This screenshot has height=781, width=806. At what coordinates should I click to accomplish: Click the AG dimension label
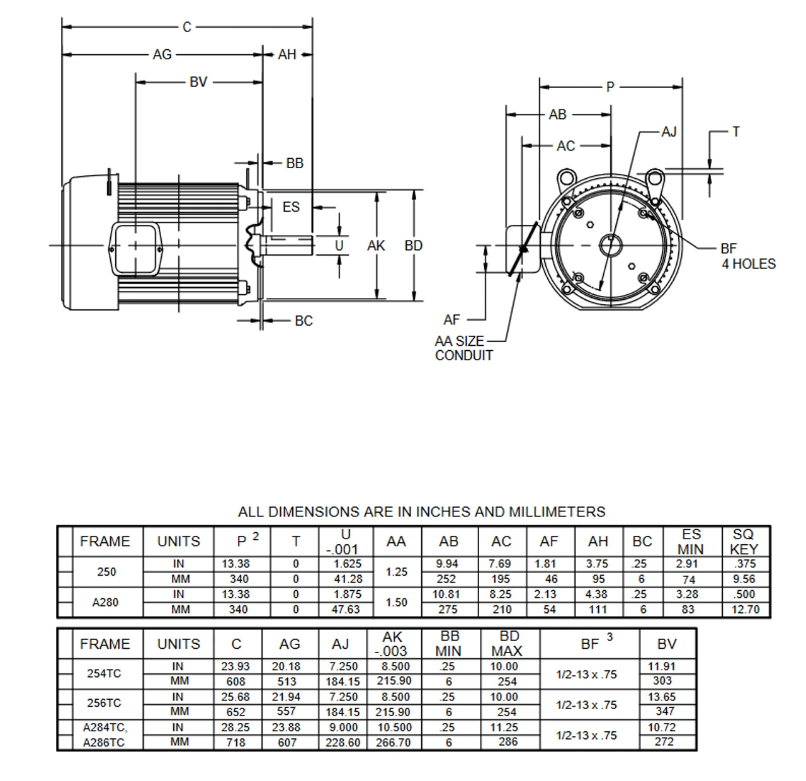pyautogui.click(x=162, y=55)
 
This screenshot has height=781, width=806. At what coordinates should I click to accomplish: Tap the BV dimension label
pyautogui.click(x=198, y=82)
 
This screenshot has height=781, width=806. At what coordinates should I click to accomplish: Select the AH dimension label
pyautogui.click(x=287, y=55)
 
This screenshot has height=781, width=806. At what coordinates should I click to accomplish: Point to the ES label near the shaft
pyautogui.click(x=291, y=207)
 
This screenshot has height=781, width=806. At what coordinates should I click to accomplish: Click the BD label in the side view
pyautogui.click(x=413, y=246)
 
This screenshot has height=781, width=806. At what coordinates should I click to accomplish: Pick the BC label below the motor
pyautogui.click(x=304, y=321)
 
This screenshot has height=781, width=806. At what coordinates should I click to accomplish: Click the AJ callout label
pyautogui.click(x=669, y=132)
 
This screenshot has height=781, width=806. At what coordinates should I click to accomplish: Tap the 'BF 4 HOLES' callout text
pyautogui.click(x=748, y=256)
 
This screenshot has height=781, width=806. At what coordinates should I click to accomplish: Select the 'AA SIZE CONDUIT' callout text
pyautogui.click(x=464, y=348)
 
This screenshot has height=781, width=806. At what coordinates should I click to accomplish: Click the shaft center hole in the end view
pyautogui.click(x=610, y=244)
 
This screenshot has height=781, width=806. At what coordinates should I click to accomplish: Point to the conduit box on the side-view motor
pyautogui.click(x=135, y=249)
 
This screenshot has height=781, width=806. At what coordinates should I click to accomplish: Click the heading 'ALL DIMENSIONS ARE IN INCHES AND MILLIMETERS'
pyautogui.click(x=421, y=511)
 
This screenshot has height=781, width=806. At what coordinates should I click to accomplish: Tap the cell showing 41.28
pyautogui.click(x=347, y=579)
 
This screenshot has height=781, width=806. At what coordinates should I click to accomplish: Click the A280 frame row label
pyautogui.click(x=105, y=602)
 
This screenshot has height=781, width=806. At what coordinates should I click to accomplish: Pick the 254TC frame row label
pyautogui.click(x=105, y=673)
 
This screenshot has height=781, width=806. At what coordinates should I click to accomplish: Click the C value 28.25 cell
pyautogui.click(x=236, y=727)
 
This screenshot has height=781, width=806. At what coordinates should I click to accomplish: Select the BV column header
pyautogui.click(x=667, y=644)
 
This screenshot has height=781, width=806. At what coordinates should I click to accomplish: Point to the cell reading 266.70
pyautogui.click(x=394, y=743)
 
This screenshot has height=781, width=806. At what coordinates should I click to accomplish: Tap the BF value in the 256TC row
pyautogui.click(x=586, y=705)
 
